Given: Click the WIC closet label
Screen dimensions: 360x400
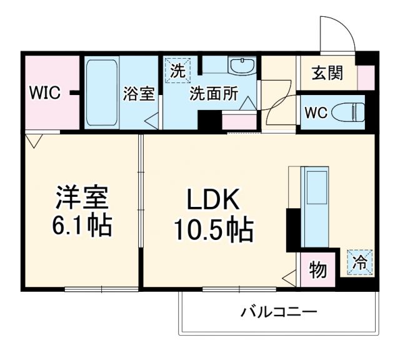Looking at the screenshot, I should coord(43,94).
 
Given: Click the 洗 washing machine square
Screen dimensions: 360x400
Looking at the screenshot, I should coord(178,70).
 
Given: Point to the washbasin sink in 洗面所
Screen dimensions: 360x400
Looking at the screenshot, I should coord(241,66).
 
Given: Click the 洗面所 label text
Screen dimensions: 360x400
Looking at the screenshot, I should coord(214,94).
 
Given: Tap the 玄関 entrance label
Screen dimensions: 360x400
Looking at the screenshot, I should coord(327,74).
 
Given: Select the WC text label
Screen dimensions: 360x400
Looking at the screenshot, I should coord(316,112).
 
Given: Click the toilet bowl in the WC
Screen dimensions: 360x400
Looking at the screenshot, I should coord(347,112).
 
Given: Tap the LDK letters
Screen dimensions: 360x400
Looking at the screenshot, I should coord(212,201).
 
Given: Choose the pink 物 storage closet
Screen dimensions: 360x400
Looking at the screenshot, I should coord(318,270).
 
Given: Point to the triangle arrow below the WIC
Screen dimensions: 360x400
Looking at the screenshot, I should coord(35,141).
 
